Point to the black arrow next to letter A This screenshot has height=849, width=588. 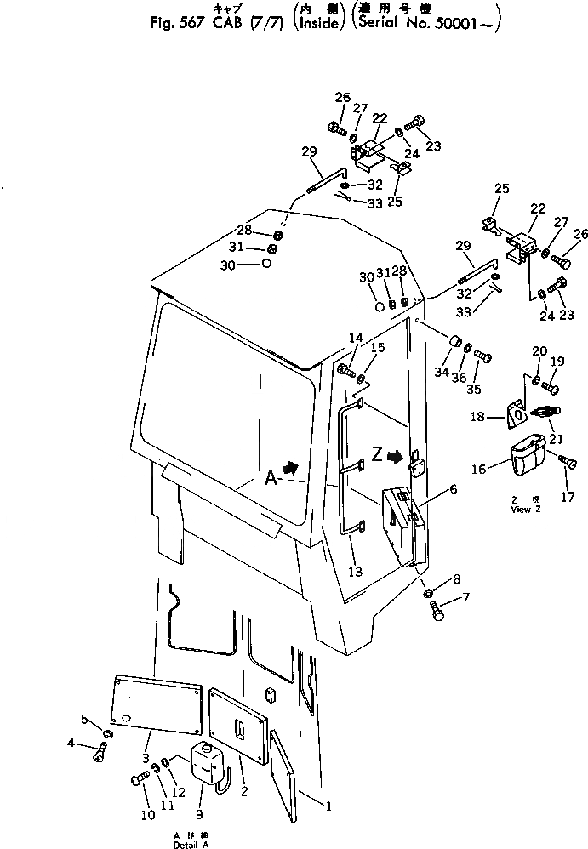(291, 467)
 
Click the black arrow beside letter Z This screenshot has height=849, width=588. (394, 456)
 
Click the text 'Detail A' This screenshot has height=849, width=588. (192, 844)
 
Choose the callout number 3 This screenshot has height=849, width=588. (146, 757)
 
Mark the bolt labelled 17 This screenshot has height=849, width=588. (564, 462)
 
